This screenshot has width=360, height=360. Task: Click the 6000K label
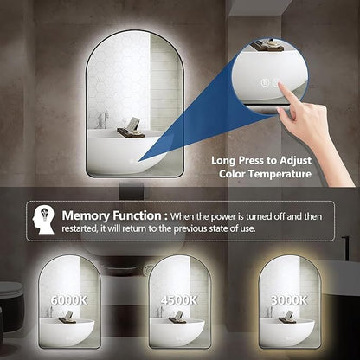[68, 300]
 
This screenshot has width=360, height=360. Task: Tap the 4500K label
[179, 300]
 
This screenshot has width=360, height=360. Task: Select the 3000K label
[289, 300]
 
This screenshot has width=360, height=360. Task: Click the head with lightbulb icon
[43, 221]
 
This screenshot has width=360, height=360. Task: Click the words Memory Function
[112, 215]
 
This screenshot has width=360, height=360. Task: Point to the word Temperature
[280, 174]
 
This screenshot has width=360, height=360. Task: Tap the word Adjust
[295, 161]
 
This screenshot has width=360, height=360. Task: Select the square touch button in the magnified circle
[265, 83]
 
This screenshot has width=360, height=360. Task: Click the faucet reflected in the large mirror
[104, 119]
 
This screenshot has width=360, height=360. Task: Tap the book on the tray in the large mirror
[132, 125]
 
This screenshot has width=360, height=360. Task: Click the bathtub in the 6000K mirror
[67, 332]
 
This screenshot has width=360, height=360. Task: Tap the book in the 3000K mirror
[287, 314]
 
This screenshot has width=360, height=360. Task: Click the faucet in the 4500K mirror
[158, 312]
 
